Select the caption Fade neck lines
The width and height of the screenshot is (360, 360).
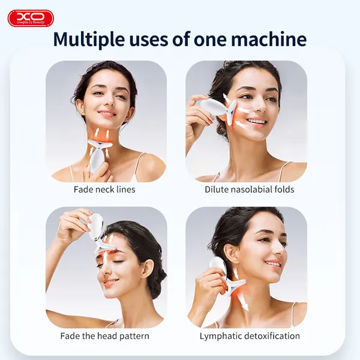[104, 190]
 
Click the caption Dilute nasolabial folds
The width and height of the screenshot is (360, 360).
[249, 190]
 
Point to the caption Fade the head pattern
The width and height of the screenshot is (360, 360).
[104, 336]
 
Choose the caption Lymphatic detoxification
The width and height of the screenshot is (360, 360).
[250, 336]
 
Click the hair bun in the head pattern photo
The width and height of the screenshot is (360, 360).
[157, 276]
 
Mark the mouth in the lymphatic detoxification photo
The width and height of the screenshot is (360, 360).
[273, 264]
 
